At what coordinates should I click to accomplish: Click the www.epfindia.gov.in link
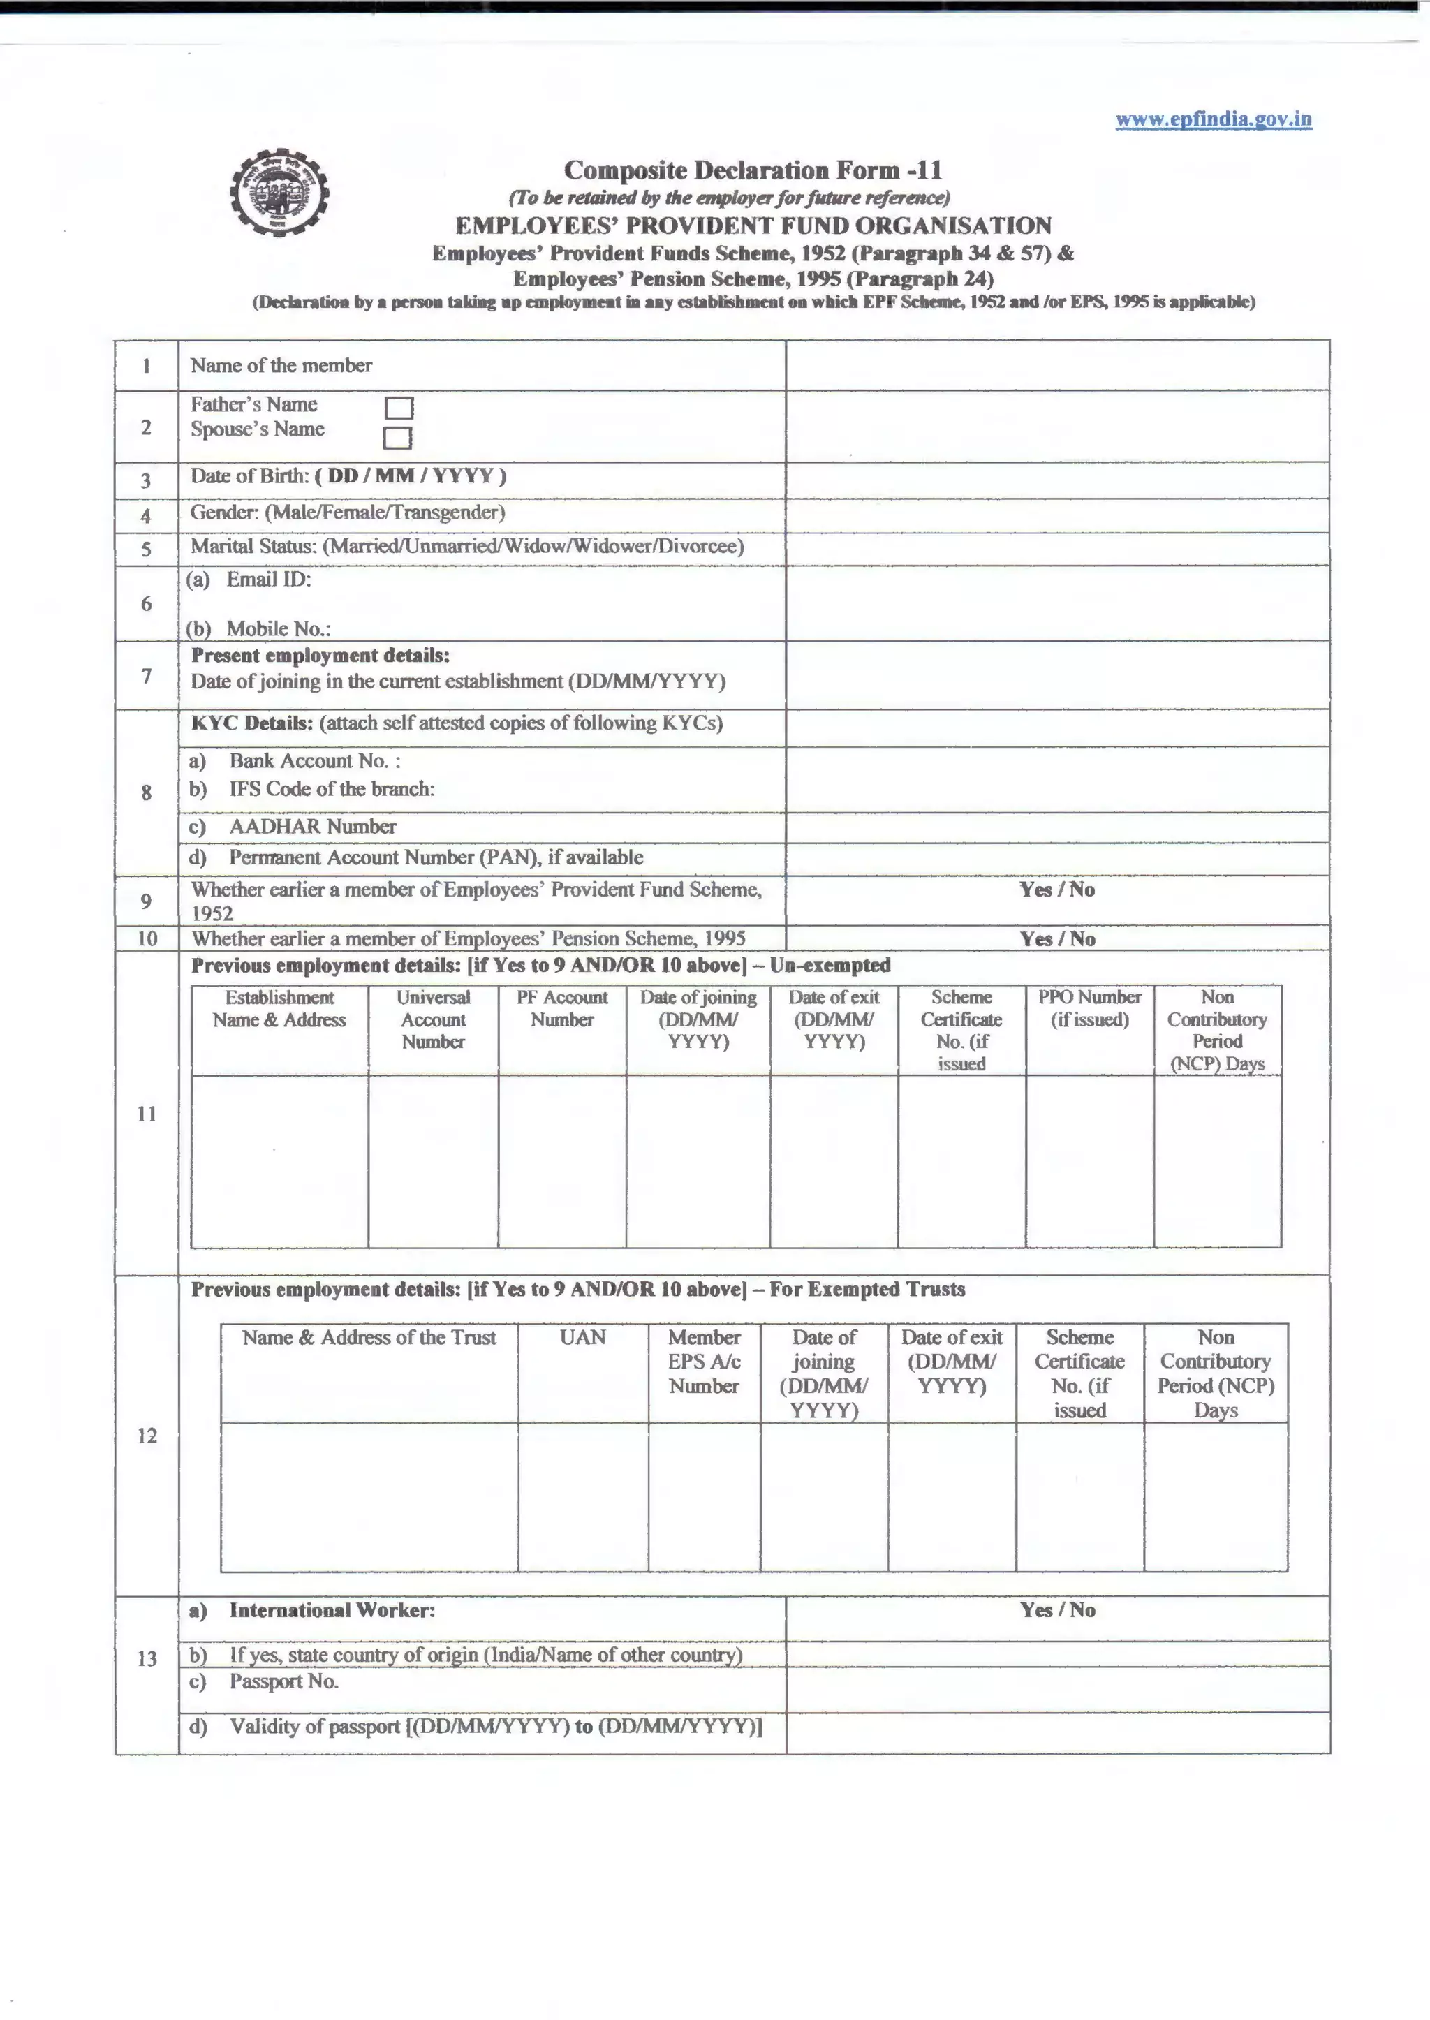coord(1213,119)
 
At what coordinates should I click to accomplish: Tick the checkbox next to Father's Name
coord(399,408)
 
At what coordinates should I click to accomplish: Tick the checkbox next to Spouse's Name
coord(397,438)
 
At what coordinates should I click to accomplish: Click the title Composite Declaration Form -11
coord(753,170)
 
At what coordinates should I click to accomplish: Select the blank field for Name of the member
coord(1056,365)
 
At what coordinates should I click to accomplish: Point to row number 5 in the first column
coord(146,550)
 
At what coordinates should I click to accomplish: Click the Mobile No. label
coord(277,628)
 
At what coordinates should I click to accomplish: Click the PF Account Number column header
coord(562,1008)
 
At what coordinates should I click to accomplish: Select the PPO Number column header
coord(1089,1008)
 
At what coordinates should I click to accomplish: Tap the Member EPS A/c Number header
coord(704,1362)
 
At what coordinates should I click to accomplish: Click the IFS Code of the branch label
coord(331,789)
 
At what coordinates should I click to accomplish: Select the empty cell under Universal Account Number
coord(432,1160)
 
